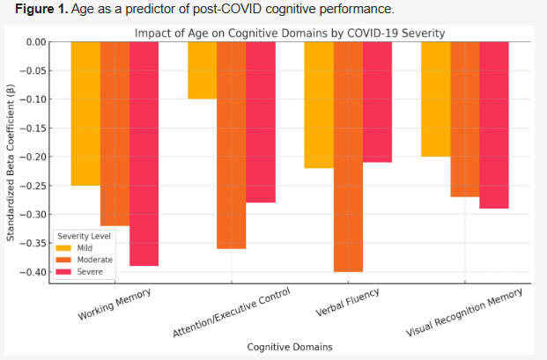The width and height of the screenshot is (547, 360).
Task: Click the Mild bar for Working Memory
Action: [x=85, y=114]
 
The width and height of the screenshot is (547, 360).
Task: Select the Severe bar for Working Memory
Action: [x=144, y=153]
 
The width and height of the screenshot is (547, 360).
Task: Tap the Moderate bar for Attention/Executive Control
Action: [x=231, y=145]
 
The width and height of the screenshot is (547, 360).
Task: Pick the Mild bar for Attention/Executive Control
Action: [x=202, y=70]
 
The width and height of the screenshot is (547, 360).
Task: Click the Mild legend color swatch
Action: [x=63, y=248]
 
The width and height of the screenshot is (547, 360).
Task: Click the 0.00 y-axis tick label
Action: [x=36, y=42]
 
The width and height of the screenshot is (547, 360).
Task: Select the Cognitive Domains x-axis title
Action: [x=290, y=347]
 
